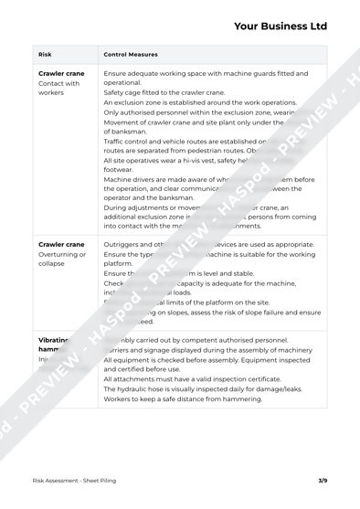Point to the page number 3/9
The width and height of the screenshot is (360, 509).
click(322, 478)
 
